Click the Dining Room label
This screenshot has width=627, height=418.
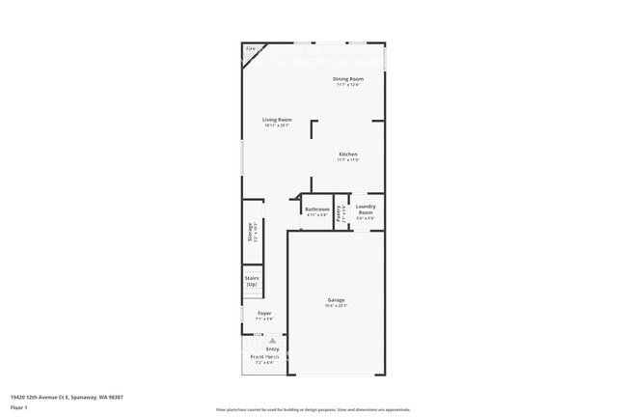(347, 78)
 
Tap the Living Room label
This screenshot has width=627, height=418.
(277, 120)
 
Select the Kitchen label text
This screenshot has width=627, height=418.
(347, 154)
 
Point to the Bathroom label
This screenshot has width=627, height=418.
(317, 209)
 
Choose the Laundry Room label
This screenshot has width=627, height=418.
(366, 208)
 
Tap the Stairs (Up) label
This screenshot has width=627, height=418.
(252, 281)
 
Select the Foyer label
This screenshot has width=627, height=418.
(263, 313)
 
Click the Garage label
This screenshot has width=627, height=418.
(336, 300)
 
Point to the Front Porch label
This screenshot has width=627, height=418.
(265, 357)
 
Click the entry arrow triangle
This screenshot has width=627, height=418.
(272, 341)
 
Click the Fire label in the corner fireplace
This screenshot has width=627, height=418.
(251, 47)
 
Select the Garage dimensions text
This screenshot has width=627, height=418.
(336, 306)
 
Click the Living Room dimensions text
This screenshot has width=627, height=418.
(277, 125)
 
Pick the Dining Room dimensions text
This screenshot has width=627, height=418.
(347, 84)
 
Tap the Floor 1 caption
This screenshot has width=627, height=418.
(19, 407)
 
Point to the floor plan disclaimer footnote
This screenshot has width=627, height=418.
(313, 409)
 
